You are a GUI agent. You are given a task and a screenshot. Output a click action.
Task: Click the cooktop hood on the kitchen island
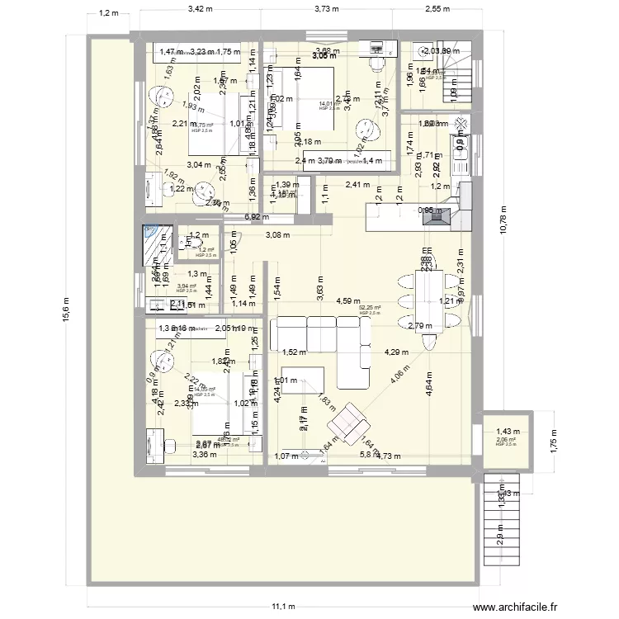(x=444, y=216)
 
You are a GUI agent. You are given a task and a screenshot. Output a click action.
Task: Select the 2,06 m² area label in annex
(x=505, y=441)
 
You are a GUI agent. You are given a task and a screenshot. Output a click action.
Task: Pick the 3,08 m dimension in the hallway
(x=278, y=235)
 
